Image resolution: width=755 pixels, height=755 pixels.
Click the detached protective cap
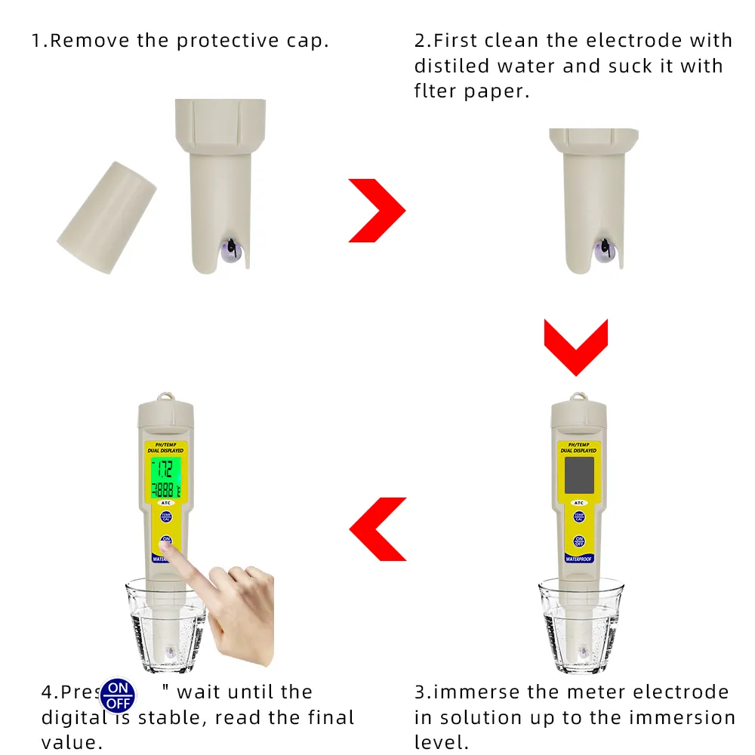pos(106,217)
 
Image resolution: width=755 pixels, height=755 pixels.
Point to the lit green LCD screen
pos(163,479)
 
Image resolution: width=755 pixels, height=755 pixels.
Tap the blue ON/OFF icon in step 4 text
pos(119,695)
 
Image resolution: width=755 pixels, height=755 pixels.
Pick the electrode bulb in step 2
pos(604,250)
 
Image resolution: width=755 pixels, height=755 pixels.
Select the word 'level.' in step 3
pos(442,741)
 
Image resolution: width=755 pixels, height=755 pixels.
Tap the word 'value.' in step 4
pos(72,741)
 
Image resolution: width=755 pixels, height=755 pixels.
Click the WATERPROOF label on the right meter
pos(579,559)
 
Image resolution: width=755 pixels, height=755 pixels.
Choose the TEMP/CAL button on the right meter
pos(579,517)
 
